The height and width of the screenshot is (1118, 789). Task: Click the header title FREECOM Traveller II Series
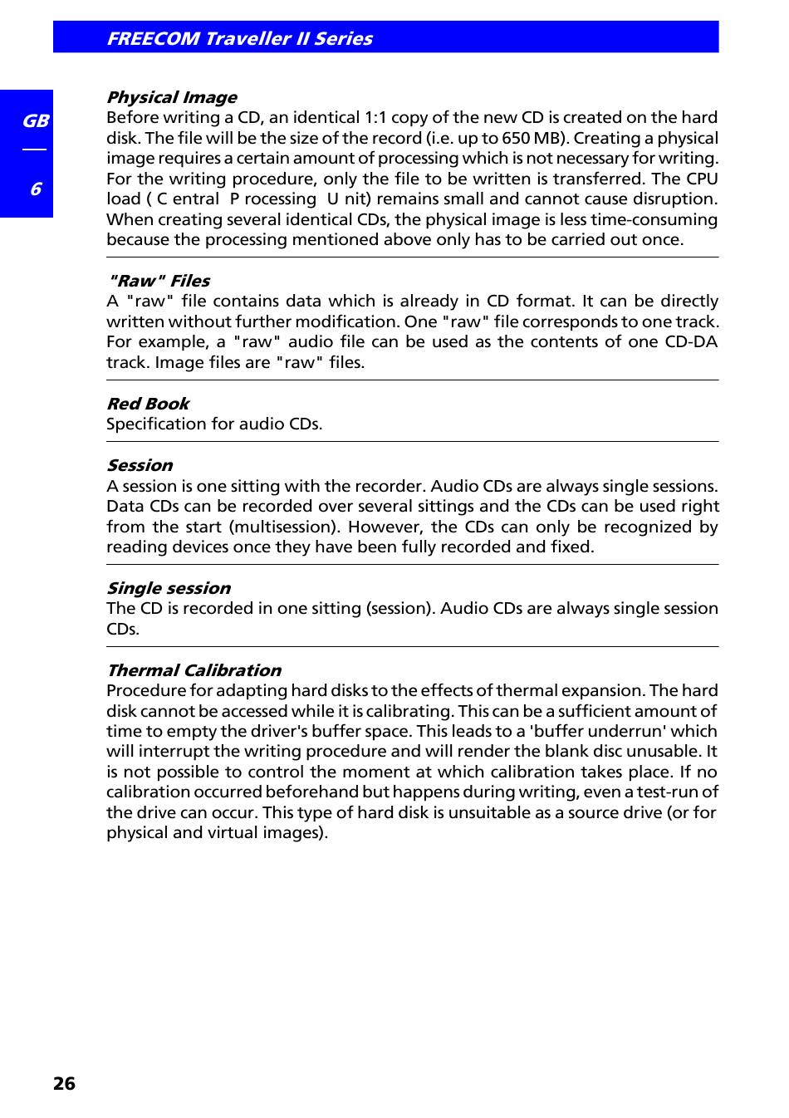pyautogui.click(x=239, y=38)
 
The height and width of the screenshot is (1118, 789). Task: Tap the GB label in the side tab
pyautogui.click(x=35, y=121)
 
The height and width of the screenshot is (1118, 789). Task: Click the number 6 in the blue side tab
pyautogui.click(x=35, y=189)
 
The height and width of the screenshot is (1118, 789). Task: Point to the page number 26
pyautogui.click(x=64, y=1084)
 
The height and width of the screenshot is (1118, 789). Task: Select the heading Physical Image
pyautogui.click(x=171, y=97)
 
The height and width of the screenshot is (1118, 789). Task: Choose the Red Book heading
pyautogui.click(x=148, y=404)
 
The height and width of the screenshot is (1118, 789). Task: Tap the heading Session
pyautogui.click(x=140, y=465)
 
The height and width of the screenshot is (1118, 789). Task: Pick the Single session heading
pyautogui.click(x=169, y=588)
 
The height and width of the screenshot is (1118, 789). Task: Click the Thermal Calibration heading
pyautogui.click(x=194, y=670)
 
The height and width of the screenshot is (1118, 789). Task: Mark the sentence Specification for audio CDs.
pyautogui.click(x=214, y=424)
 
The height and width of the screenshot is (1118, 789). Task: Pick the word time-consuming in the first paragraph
pyautogui.click(x=656, y=220)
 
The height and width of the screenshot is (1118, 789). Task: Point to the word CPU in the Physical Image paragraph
pyautogui.click(x=702, y=179)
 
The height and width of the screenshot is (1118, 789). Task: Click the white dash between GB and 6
pyautogui.click(x=34, y=150)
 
